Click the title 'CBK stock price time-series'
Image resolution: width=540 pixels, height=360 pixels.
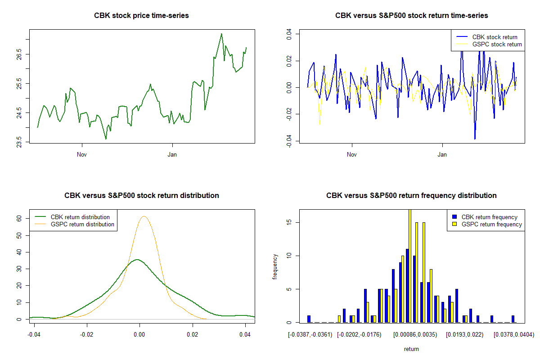[x=141, y=15]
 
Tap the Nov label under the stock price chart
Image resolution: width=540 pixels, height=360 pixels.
[x=81, y=155]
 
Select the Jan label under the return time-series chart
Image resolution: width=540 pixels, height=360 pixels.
[x=442, y=155]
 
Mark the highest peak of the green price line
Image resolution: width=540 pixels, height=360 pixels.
[x=221, y=34]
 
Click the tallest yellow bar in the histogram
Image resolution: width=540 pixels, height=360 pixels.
[x=409, y=265]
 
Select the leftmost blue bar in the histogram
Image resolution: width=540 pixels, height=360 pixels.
[x=309, y=319]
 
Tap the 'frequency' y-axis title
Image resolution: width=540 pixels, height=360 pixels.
[x=275, y=267]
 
